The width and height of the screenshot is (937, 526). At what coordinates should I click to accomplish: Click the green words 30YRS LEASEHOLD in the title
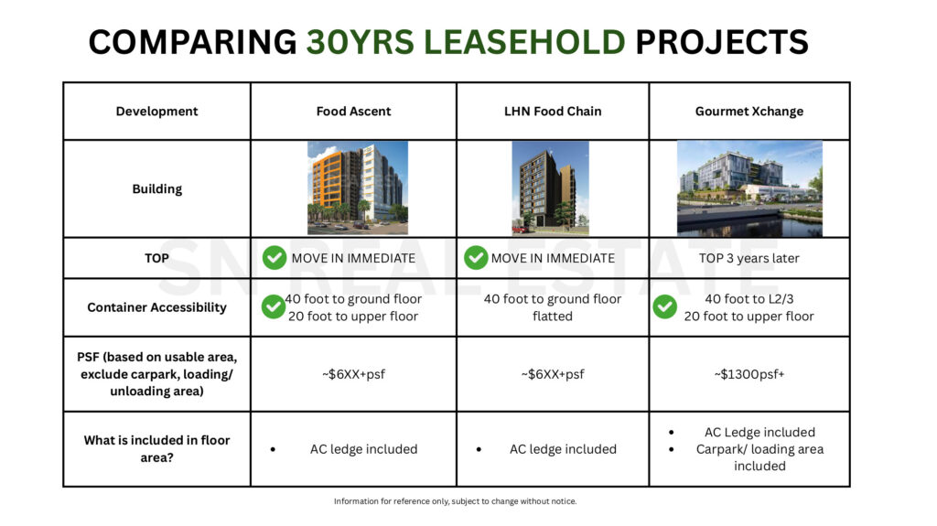466,42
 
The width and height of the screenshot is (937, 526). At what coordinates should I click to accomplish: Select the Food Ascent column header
353,112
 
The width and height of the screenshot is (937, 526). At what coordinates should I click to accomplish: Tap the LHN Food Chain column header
553,112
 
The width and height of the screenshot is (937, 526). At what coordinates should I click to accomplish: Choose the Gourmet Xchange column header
749,112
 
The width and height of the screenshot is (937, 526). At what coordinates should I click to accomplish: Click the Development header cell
156,112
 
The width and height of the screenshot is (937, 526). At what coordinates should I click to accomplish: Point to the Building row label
156,189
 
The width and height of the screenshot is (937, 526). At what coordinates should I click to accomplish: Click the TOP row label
156,258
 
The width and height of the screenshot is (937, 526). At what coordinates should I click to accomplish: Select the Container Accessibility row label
156,307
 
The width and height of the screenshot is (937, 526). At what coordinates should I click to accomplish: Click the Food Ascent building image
357,188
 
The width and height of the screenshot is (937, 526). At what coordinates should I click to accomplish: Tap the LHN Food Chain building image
550,188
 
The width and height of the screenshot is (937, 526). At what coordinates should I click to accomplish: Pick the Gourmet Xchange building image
749,188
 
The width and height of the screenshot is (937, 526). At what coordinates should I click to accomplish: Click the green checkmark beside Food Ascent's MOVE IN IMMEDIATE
274,258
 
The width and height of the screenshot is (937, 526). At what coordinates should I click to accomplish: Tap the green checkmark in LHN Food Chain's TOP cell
475,258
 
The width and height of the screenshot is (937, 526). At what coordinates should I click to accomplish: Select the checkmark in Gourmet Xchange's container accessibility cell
665,306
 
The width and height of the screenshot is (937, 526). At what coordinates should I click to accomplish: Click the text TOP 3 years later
749,258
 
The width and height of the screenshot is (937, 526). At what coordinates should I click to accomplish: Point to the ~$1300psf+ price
749,374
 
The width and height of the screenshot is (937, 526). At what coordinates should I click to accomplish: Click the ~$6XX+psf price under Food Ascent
353,374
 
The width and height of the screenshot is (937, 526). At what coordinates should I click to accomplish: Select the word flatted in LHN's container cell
552,317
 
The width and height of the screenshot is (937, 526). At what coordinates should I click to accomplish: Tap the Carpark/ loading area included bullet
759,457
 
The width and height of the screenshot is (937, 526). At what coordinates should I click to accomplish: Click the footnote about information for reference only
455,501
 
